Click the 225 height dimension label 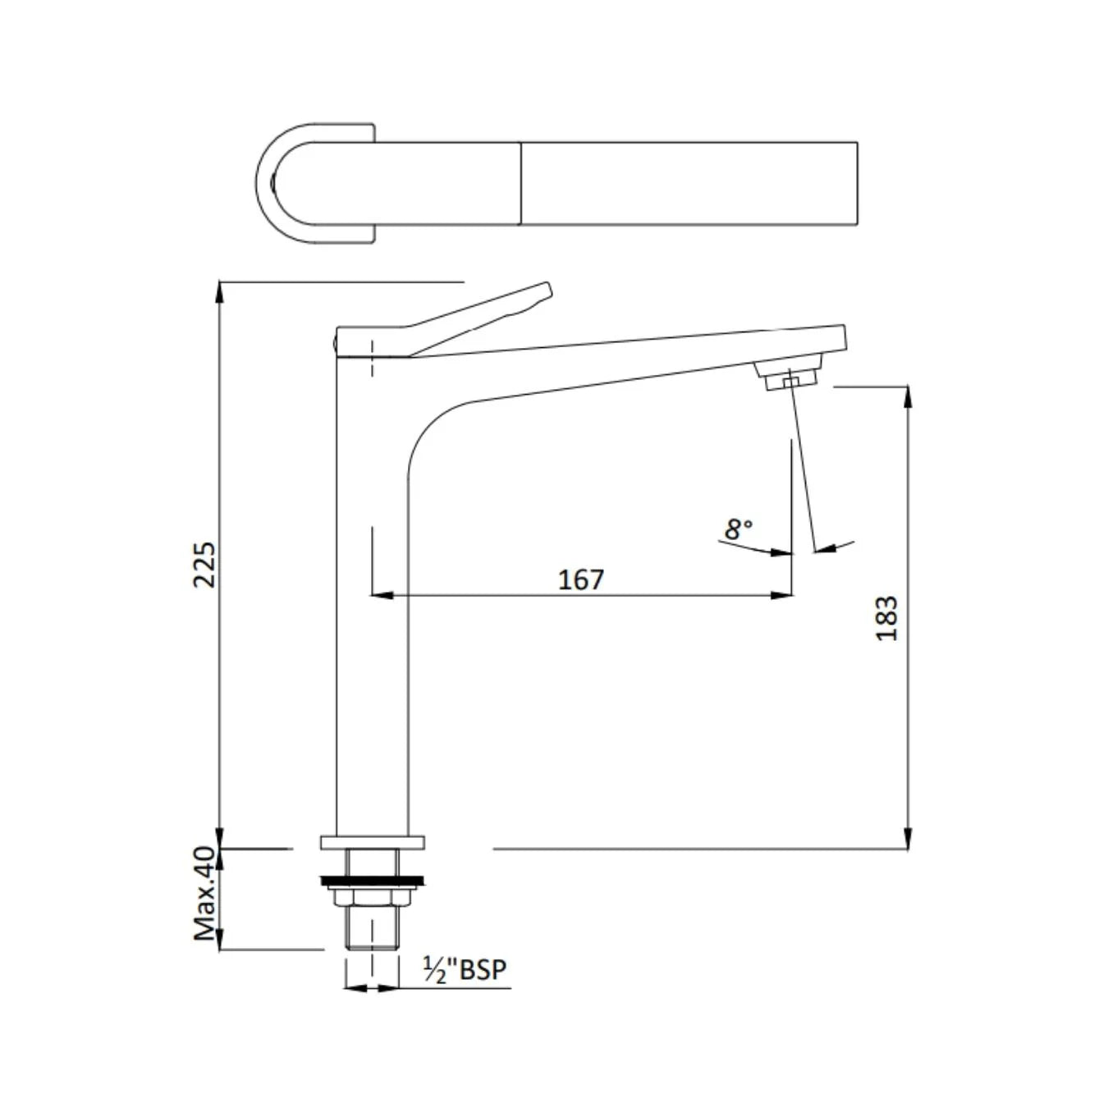click(x=204, y=563)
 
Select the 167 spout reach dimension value click(x=581, y=579)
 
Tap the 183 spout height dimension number click(x=887, y=618)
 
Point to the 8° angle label click(x=738, y=529)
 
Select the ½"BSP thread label click(x=465, y=969)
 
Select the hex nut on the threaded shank click(x=373, y=896)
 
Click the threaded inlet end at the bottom click(x=373, y=934)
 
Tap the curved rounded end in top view click(x=271, y=184)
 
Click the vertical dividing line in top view click(x=521, y=183)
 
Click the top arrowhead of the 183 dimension click(x=907, y=396)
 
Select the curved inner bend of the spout click(x=431, y=427)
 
